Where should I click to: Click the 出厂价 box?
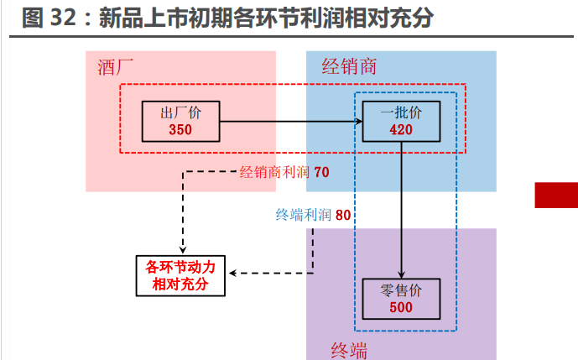[180, 121]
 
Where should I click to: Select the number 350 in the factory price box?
[180, 129]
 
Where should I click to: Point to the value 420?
[402, 129]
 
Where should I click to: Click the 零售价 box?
[401, 300]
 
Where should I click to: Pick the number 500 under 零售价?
[401, 308]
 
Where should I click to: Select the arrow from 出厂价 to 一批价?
[290, 123]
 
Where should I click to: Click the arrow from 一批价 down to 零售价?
[402, 210]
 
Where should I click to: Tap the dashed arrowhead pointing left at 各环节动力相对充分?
[236, 273]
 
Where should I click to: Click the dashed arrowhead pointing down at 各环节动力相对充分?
[181, 244]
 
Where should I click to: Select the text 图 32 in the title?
[47, 18]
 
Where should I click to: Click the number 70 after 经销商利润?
[322, 173]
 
